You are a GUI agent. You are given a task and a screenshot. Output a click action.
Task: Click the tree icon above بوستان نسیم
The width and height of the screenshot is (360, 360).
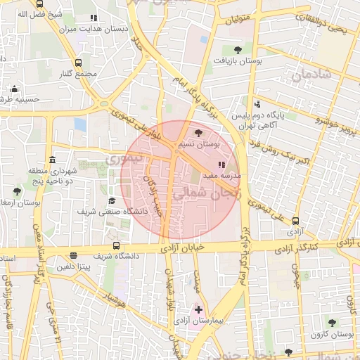point(199,132)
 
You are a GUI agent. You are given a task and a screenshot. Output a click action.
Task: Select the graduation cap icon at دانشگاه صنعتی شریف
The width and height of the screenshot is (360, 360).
point(112,200)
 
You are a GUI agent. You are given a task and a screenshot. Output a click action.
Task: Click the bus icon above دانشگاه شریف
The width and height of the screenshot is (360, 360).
point(116,245)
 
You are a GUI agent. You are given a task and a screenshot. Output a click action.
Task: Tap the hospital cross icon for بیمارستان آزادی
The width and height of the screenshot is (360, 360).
point(198,309)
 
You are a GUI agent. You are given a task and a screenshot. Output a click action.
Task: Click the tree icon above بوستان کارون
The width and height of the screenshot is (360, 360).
point(351,302)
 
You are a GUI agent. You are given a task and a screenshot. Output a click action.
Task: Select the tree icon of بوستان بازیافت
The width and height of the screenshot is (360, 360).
point(238,50)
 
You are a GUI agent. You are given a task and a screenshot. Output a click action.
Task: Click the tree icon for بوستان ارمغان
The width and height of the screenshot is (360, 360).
point(17,191)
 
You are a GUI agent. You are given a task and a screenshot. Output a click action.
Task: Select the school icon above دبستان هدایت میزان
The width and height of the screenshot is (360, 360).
point(93,18)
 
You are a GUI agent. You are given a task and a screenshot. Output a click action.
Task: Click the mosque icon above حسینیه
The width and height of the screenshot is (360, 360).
point(14,89)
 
